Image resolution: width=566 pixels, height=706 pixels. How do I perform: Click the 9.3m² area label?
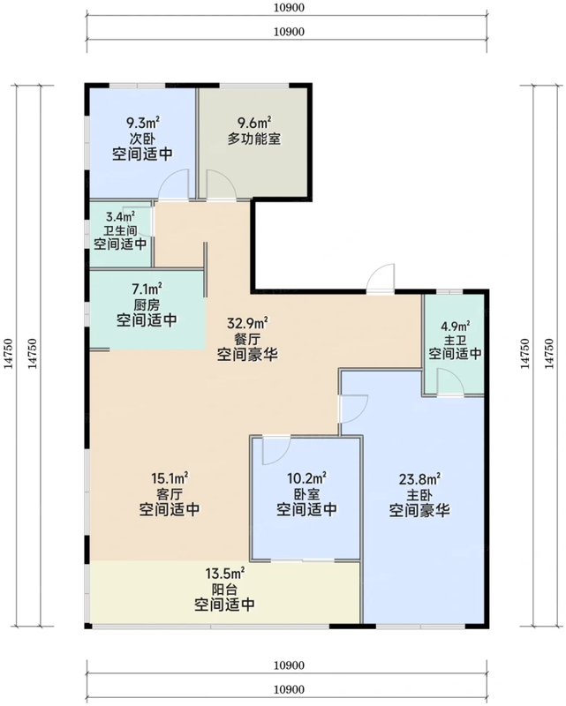(x=143, y=123)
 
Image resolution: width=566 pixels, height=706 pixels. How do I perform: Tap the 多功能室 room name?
(x=254, y=139)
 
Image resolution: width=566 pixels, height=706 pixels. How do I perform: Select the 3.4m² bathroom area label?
(x=120, y=217)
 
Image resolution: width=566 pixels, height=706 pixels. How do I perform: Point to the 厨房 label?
(x=147, y=304)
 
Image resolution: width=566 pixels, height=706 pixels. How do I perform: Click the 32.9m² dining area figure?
(x=248, y=323)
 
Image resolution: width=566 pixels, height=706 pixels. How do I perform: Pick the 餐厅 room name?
(x=248, y=339)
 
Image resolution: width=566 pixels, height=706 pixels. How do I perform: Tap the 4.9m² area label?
(x=455, y=325)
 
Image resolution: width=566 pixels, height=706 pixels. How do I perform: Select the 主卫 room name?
(x=455, y=340)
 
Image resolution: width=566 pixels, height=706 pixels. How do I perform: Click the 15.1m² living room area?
(x=170, y=477)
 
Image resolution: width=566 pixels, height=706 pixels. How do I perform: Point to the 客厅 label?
(x=170, y=494)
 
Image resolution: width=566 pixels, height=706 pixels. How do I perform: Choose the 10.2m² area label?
(x=307, y=477)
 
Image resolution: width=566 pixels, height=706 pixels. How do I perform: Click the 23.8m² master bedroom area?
(x=419, y=479)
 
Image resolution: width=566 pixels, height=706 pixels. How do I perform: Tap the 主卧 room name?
(x=419, y=495)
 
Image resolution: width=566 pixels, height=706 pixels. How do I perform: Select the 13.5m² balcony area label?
(x=225, y=574)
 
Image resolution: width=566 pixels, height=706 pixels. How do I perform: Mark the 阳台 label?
(x=225, y=589)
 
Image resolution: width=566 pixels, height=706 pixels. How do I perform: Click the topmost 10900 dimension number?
(x=289, y=8)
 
